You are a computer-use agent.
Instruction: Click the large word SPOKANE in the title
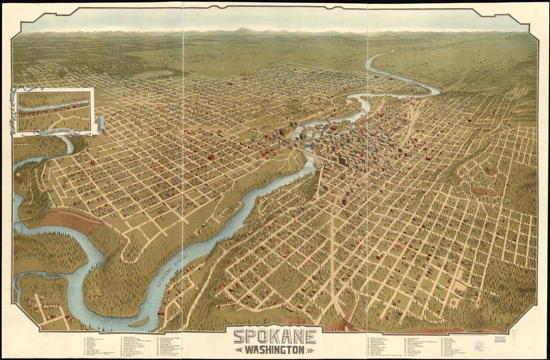(274, 336)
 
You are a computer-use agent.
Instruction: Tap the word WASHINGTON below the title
(274, 349)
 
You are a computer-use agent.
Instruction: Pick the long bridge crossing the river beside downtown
(306, 150)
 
